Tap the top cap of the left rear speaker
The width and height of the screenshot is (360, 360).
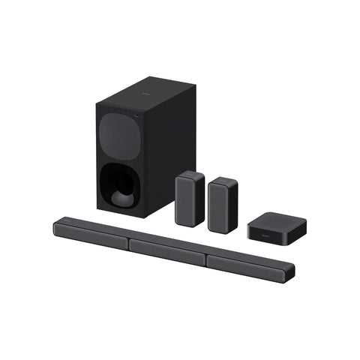(x=190, y=175)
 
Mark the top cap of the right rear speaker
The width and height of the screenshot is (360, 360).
(x=223, y=179)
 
